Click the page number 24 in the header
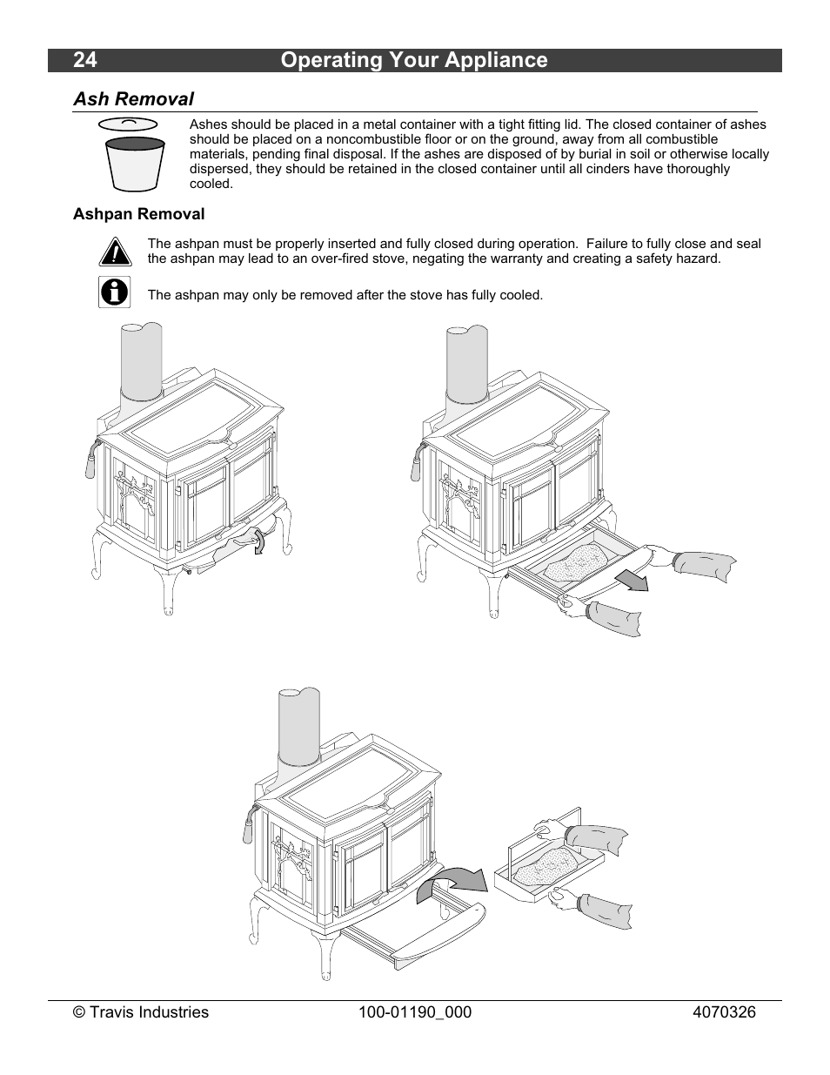[x=85, y=60]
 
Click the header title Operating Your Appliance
[x=414, y=60]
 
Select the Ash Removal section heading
[x=133, y=99]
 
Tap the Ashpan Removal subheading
[x=138, y=214]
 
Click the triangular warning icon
[x=115, y=252]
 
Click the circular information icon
[x=114, y=292]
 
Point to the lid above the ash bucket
[x=128, y=124]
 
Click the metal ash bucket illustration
[x=135, y=165]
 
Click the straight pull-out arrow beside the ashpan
[x=632, y=580]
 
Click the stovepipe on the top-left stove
[x=142, y=360]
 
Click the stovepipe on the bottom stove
[x=299, y=726]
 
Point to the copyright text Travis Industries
[x=140, y=1012]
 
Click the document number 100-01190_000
[x=415, y=1012]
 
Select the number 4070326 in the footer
[x=724, y=1012]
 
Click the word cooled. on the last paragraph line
[x=211, y=184]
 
